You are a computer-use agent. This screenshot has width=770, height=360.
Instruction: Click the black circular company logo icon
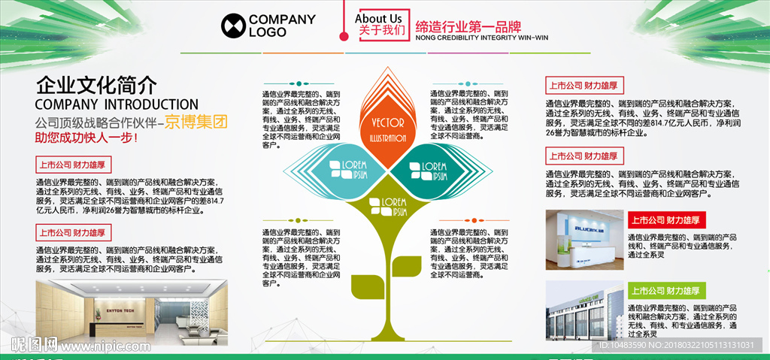[233, 26]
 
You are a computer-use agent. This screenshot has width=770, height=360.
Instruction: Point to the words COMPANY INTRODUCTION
[117, 104]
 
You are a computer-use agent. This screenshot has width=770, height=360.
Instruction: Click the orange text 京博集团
[196, 122]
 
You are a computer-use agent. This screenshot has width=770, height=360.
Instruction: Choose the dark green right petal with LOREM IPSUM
[431, 170]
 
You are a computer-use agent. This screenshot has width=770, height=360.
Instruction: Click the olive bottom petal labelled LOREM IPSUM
[387, 207]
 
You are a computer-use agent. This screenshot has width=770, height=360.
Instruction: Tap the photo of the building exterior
[583, 310]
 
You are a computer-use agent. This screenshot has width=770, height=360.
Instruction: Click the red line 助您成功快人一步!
[86, 138]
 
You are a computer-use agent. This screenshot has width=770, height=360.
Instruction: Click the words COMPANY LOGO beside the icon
[277, 26]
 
